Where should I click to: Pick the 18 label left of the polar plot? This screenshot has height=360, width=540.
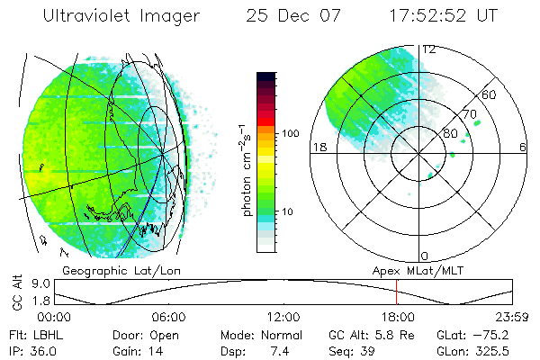(x=317, y=148)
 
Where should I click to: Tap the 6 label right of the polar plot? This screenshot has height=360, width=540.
(x=523, y=148)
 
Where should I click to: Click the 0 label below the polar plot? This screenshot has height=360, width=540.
(x=426, y=256)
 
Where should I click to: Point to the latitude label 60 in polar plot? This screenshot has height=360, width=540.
(x=490, y=94)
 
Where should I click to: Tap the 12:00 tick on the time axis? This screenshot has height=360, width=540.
(x=283, y=317)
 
